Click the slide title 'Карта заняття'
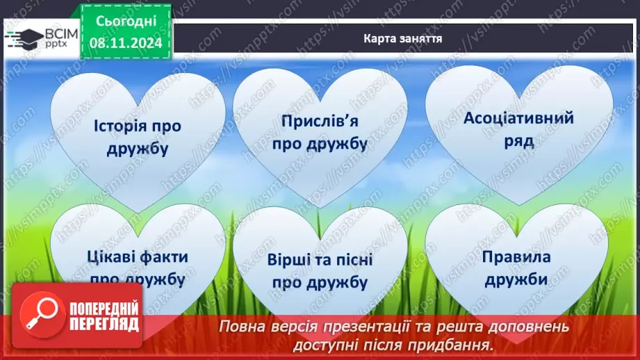[x=402, y=38]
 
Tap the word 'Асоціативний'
[x=518, y=117]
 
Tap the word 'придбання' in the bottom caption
[x=458, y=344]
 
